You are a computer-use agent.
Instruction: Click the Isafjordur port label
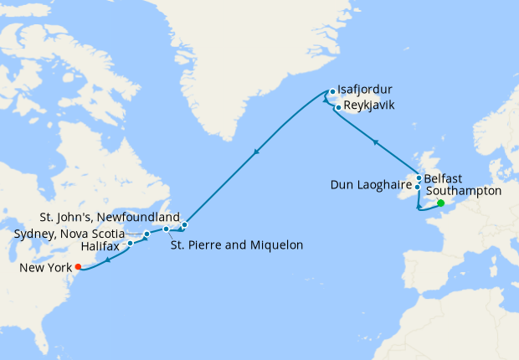tap(366, 90)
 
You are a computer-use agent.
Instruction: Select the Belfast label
tap(444, 178)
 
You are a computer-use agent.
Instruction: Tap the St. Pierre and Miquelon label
tap(236, 245)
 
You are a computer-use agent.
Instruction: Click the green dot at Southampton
tap(441, 203)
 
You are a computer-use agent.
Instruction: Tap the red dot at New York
tap(78, 267)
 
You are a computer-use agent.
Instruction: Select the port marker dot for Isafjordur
tap(332, 91)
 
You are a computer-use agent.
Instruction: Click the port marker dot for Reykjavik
tap(337, 107)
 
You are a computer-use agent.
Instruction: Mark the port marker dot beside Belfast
tap(419, 177)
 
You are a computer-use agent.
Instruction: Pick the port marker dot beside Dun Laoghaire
tap(417, 187)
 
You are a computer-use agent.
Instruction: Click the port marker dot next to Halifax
tap(130, 244)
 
